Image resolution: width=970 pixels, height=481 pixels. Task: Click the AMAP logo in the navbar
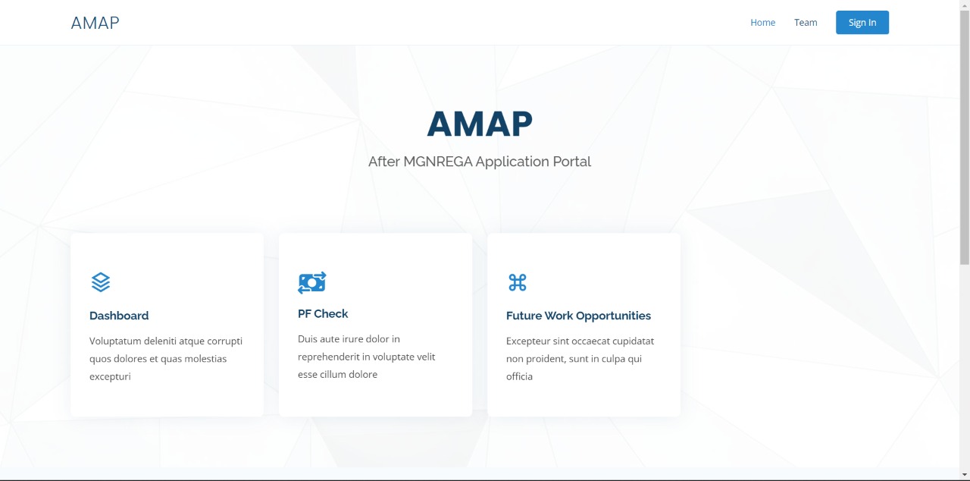pyautogui.click(x=95, y=23)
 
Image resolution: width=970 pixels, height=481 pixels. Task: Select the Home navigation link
pyautogui.click(x=762, y=23)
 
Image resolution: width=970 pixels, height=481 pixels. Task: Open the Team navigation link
pyautogui.click(x=806, y=23)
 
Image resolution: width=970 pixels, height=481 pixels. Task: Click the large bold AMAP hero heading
pyautogui.click(x=480, y=124)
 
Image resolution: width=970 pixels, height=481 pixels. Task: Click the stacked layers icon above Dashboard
pyautogui.click(x=101, y=282)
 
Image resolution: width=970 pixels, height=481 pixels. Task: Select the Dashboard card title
pyautogui.click(x=119, y=316)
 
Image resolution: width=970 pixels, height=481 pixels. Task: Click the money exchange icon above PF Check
pyautogui.click(x=311, y=282)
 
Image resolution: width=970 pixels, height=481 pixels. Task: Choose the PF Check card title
pyautogui.click(x=323, y=313)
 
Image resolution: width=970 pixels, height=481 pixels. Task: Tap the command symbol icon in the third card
pyautogui.click(x=517, y=282)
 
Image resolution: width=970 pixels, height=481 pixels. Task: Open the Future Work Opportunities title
pyautogui.click(x=578, y=316)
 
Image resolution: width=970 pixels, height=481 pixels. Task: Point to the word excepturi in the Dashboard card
pyautogui.click(x=110, y=376)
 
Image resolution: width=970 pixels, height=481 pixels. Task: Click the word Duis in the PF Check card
pyautogui.click(x=308, y=339)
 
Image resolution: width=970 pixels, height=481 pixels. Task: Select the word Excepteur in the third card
pyautogui.click(x=530, y=341)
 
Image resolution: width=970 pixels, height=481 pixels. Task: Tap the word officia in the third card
pyautogui.click(x=519, y=376)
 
